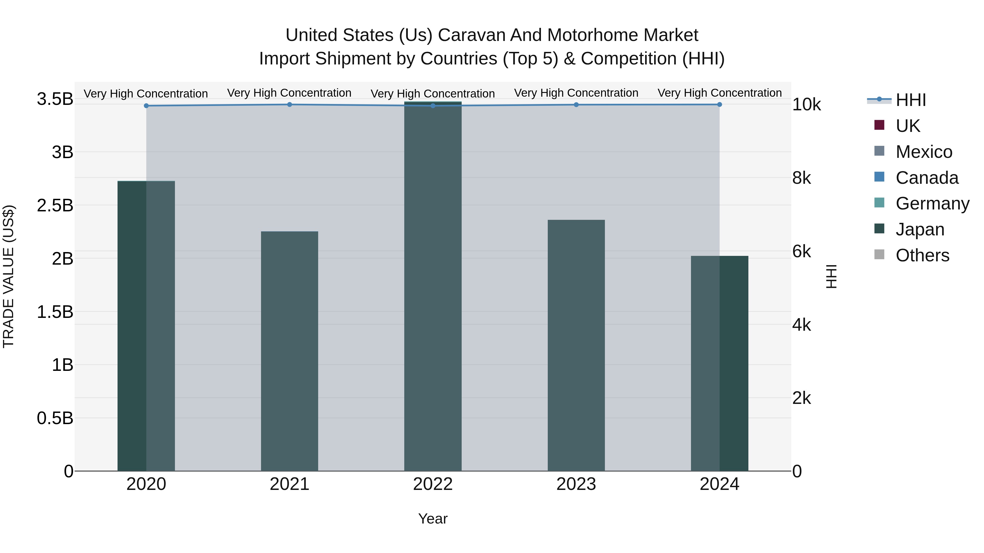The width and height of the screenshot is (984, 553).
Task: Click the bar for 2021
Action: [289, 351]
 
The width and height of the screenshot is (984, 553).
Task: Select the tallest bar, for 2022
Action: [433, 286]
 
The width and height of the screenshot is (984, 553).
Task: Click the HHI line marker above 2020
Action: [146, 106]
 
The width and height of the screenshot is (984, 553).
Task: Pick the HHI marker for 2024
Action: [719, 104]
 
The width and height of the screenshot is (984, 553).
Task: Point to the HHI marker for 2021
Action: [289, 104]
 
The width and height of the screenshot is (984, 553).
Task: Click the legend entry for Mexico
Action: [924, 152]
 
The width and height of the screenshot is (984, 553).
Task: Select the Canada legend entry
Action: [927, 178]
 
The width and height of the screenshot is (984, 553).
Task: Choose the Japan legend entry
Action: [920, 229]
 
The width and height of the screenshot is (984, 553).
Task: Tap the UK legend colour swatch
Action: [879, 125]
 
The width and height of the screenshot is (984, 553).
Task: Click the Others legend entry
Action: [922, 255]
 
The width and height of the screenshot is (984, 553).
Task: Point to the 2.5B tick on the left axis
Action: [55, 205]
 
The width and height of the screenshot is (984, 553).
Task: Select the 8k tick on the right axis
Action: [801, 178]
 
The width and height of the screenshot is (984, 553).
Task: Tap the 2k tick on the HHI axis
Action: [801, 398]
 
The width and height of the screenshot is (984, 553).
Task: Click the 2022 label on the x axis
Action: [433, 484]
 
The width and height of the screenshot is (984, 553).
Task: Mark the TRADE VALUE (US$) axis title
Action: [8, 276]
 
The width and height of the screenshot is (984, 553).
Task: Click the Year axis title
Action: [433, 519]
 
